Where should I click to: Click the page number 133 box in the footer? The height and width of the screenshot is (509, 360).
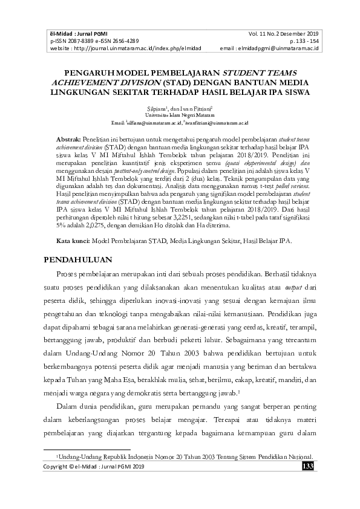pyautogui.click(x=307, y=467)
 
